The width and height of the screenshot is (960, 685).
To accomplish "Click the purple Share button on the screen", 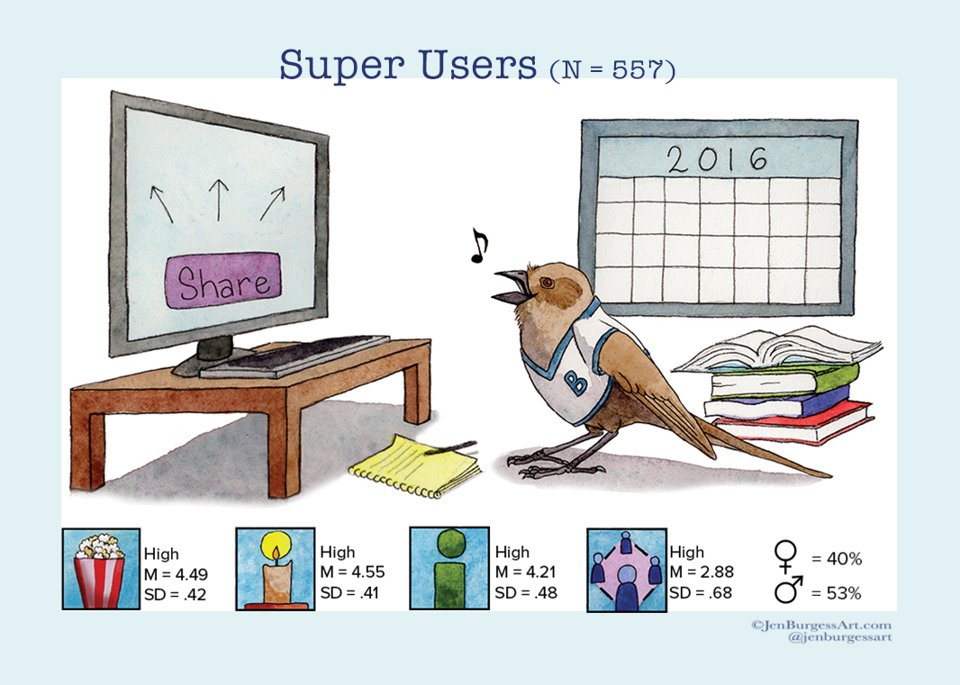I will pyautogui.click(x=223, y=283).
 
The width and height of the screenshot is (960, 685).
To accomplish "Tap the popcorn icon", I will pyautogui.click(x=100, y=569).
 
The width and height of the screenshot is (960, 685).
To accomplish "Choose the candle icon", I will pyautogui.click(x=274, y=569).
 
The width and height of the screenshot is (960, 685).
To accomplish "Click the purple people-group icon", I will pyautogui.click(x=625, y=569).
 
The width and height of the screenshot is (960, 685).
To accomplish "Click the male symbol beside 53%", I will pyautogui.click(x=787, y=591).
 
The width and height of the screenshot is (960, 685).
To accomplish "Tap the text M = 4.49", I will pyautogui.click(x=177, y=573).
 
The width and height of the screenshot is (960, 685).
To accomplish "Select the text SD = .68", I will pyautogui.click(x=701, y=592).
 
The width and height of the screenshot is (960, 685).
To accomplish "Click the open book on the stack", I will pyautogui.click(x=776, y=351).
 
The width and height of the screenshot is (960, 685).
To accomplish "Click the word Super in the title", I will pyautogui.click(x=335, y=64).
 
